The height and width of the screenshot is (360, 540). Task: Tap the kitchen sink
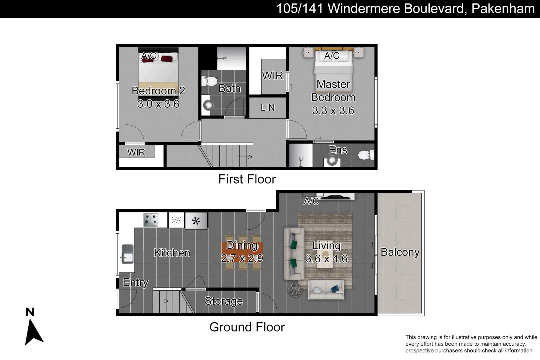coord(128,254)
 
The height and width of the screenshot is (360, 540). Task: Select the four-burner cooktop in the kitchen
coord(151,220)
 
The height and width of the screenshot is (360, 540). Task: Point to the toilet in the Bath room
coord(209,81)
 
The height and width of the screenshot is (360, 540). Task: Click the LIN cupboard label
coord(268,108)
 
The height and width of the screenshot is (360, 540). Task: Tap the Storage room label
coord(224,301)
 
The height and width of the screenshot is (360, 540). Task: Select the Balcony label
coord(400,252)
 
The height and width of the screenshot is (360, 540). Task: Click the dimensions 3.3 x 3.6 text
coord(333,111)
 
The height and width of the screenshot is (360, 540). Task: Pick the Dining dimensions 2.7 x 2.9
coord(242,258)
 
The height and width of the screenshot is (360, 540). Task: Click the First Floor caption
coord(247,179)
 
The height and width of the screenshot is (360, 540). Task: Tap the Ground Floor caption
coord(247,327)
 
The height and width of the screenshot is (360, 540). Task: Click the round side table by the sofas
coord(295,290)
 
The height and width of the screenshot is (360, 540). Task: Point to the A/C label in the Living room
coord(311,201)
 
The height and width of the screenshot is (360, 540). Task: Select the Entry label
coord(135,283)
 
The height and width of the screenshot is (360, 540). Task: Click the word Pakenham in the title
coord(503,9)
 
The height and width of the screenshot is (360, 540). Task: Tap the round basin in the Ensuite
coord(332,160)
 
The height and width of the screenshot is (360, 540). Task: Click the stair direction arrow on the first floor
coord(245,157)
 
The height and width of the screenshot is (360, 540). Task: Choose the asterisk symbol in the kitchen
coord(196,221)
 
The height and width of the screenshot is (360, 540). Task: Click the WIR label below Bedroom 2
coord(136,152)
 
